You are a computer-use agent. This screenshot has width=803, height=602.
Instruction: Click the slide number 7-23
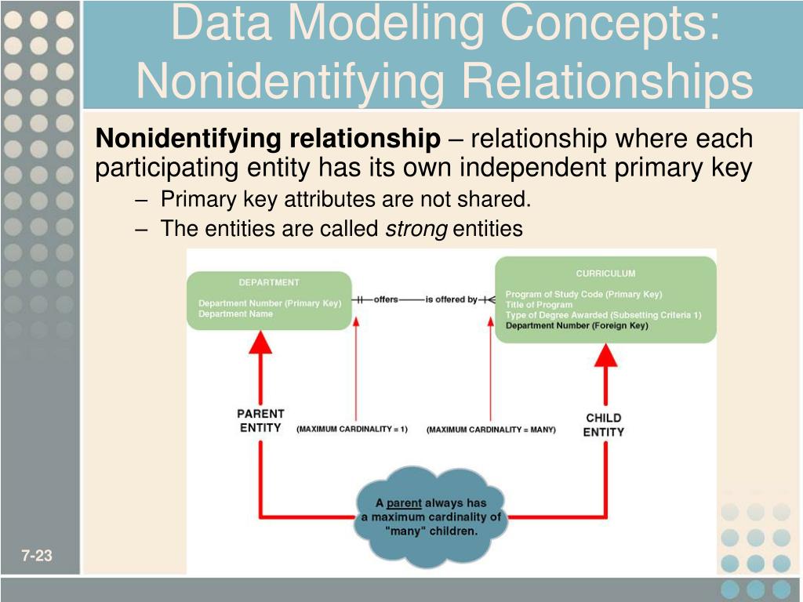click(37, 557)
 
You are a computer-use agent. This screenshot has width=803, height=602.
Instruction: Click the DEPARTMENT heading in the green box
click(269, 282)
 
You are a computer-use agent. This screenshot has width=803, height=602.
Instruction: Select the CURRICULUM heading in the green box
click(605, 274)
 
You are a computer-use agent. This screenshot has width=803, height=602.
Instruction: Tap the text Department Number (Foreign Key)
click(577, 325)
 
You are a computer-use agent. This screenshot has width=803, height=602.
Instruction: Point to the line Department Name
click(235, 314)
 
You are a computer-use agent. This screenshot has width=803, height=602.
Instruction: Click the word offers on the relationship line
click(385, 299)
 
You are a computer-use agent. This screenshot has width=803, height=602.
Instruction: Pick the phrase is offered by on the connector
click(451, 299)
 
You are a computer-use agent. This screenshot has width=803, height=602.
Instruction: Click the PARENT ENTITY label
click(260, 420)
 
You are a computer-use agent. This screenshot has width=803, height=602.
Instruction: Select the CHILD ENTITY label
click(604, 425)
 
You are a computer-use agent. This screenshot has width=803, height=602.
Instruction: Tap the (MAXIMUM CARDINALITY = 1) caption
click(352, 430)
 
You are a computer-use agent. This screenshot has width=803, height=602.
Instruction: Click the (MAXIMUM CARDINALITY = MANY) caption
click(491, 430)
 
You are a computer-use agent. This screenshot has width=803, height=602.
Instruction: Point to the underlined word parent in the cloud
click(404, 502)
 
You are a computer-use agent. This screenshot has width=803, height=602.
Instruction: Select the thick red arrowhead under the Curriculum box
click(605, 356)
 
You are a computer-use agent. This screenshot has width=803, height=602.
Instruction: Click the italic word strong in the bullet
click(416, 229)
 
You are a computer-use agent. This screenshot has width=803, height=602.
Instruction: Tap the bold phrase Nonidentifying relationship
click(268, 140)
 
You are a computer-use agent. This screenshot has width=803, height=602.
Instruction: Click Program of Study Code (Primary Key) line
click(583, 295)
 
